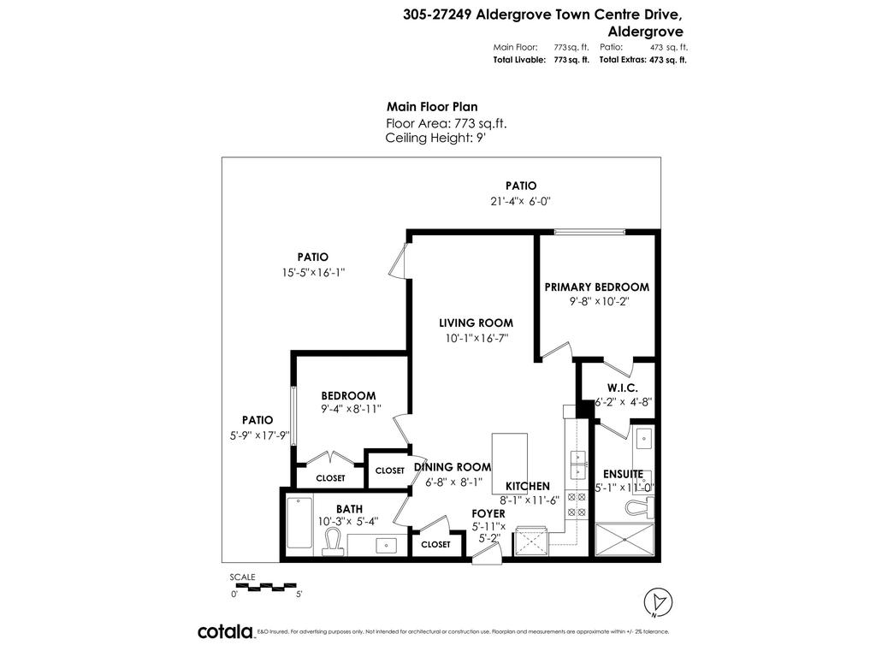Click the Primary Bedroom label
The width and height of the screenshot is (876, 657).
click(596, 287)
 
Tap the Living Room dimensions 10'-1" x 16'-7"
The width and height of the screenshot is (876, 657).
click(476, 338)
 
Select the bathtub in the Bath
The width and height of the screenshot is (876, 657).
click(299, 522)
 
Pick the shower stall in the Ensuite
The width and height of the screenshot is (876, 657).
click(624, 541)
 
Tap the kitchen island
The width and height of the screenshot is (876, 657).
click(509, 462)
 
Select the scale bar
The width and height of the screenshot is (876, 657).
click(263, 586)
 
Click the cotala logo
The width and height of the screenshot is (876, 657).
click(226, 631)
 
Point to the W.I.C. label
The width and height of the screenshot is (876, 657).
click(623, 387)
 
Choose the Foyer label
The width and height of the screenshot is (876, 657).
click(488, 513)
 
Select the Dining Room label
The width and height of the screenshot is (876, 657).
click(453, 467)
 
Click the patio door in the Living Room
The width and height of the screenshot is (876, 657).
click(397, 260)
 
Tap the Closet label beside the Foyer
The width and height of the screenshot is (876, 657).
click(435, 544)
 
